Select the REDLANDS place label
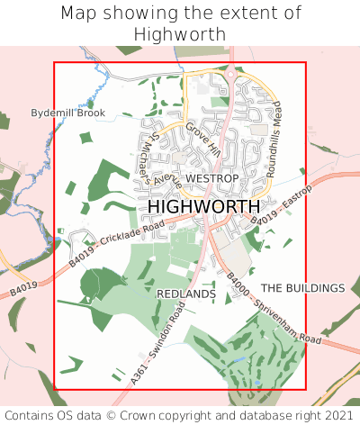point(186,294)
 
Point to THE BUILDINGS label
point(302,287)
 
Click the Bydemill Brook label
point(68,113)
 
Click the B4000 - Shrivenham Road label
point(273,310)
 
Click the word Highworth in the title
point(180,33)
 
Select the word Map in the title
point(80,14)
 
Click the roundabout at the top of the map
point(231,74)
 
